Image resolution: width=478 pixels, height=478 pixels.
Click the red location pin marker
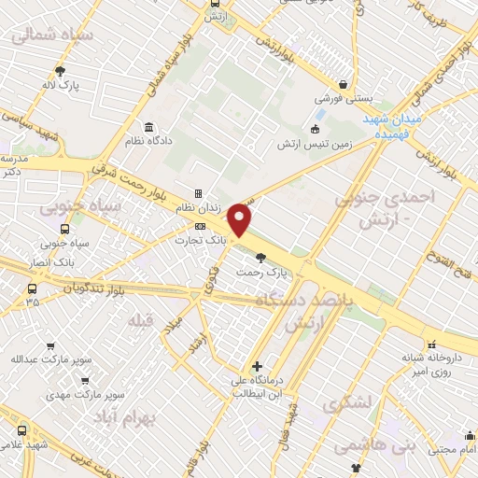pos(241,218)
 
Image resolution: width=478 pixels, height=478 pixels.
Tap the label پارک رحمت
pos(286,273)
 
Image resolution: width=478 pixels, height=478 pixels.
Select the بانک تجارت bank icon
pos(200,226)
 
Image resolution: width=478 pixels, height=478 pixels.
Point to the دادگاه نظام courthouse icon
pos(148,128)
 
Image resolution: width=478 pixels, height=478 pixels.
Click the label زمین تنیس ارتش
pos(312,145)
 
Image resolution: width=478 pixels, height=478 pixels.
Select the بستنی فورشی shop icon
pos(343,84)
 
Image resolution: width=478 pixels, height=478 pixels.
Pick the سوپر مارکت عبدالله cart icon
pos(49,346)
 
